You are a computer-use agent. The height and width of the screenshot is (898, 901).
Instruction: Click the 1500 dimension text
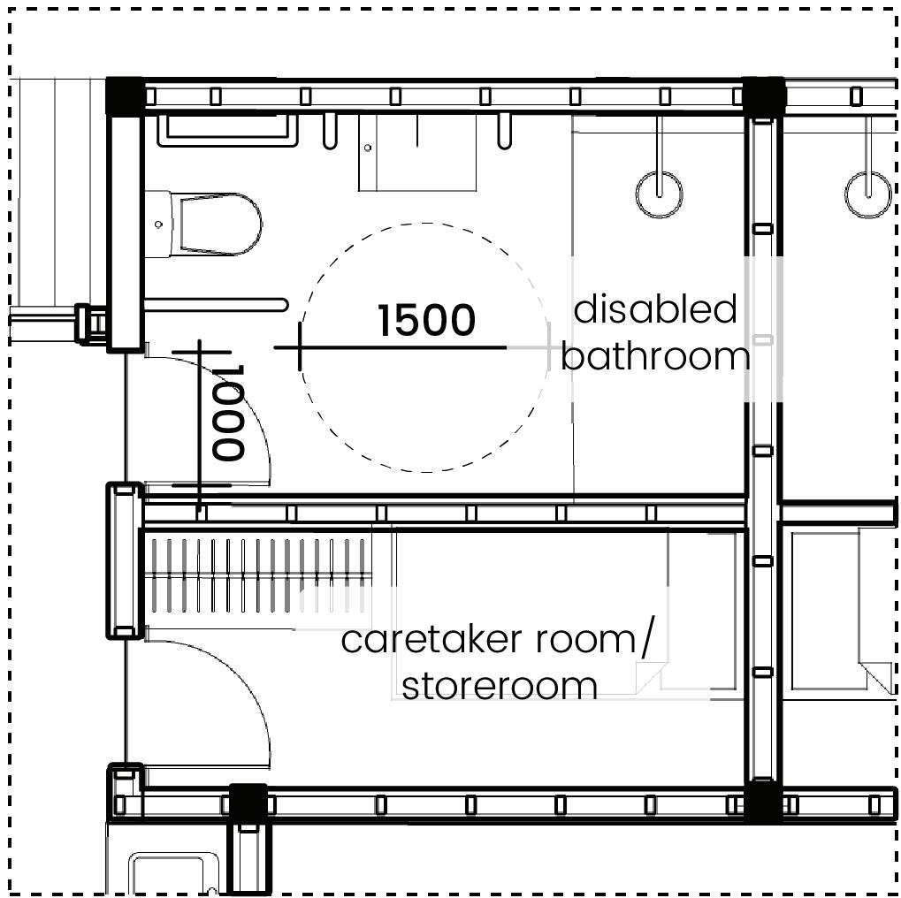(426, 321)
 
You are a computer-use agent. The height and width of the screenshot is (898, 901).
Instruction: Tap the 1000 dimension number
(228, 413)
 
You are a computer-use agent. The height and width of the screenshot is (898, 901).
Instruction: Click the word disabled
(655, 310)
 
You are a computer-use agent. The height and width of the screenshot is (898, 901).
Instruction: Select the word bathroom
(655, 356)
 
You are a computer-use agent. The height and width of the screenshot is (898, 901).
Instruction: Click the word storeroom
(500, 686)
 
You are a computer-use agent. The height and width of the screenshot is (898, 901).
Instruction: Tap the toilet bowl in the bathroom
(219, 224)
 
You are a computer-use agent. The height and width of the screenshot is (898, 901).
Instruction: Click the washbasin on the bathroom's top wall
(416, 154)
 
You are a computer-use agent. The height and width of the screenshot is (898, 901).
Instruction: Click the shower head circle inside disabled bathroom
(659, 194)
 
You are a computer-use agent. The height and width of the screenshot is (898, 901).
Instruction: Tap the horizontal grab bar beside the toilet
(216, 305)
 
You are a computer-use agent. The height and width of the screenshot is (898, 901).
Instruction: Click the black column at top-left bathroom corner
(125, 95)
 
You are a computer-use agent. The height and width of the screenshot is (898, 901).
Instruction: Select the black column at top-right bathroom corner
(764, 95)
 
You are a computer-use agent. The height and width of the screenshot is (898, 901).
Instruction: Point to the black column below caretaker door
(248, 803)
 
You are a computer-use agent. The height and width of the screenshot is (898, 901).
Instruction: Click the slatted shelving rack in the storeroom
(257, 575)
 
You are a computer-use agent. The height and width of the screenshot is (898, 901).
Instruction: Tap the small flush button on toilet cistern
(158, 224)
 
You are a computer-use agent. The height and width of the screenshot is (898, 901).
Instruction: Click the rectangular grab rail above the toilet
(227, 131)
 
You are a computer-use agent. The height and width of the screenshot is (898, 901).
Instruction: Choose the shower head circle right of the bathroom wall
(867, 194)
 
